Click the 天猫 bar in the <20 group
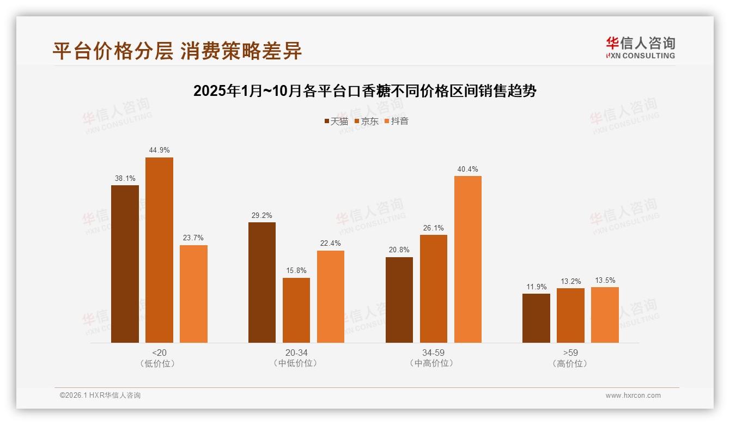(125, 264)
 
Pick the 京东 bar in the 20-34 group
(296, 310)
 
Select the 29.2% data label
(262, 215)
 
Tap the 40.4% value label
(467, 169)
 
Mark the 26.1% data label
(434, 228)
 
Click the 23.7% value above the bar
(193, 238)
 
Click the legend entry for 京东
(366, 121)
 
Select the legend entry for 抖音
(397, 121)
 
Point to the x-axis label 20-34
(296, 353)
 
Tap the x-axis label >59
(570, 353)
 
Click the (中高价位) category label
(433, 363)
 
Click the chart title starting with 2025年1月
(365, 91)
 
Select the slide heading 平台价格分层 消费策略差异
(177, 51)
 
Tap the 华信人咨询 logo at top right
(640, 47)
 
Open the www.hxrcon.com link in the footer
(633, 396)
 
